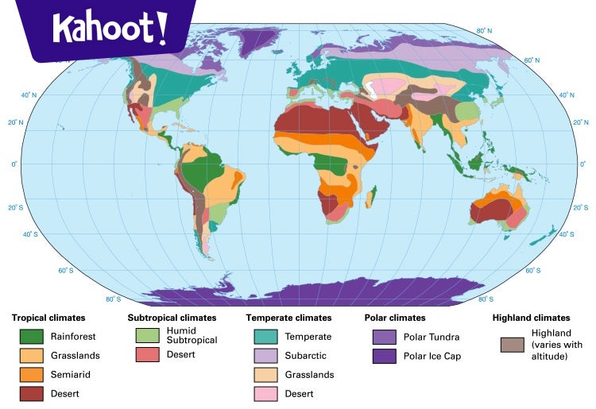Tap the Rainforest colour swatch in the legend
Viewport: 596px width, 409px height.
(x=32, y=336)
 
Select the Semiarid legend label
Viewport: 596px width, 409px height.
(x=68, y=374)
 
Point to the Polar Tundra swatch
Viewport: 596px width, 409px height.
(x=385, y=336)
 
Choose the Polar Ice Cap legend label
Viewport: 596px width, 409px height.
(x=432, y=356)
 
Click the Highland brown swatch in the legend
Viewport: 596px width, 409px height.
(x=512, y=345)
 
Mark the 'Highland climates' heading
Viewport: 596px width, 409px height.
(x=531, y=318)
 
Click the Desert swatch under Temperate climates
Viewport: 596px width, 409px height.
(x=265, y=394)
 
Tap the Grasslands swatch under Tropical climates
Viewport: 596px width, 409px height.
(x=32, y=355)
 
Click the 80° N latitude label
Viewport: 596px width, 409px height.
(x=483, y=31)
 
